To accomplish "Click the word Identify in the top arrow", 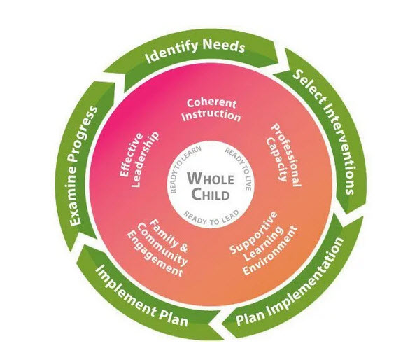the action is tap(171, 51).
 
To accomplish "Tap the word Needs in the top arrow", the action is tap(224, 46).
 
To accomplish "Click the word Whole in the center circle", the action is tap(211, 179).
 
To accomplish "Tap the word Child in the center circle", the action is tap(211, 194).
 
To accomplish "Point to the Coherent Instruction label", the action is tap(211, 110).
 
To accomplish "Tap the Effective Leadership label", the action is tap(139, 159).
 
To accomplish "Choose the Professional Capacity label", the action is tap(283, 155).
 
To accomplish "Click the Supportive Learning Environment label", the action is tap(263, 244).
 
